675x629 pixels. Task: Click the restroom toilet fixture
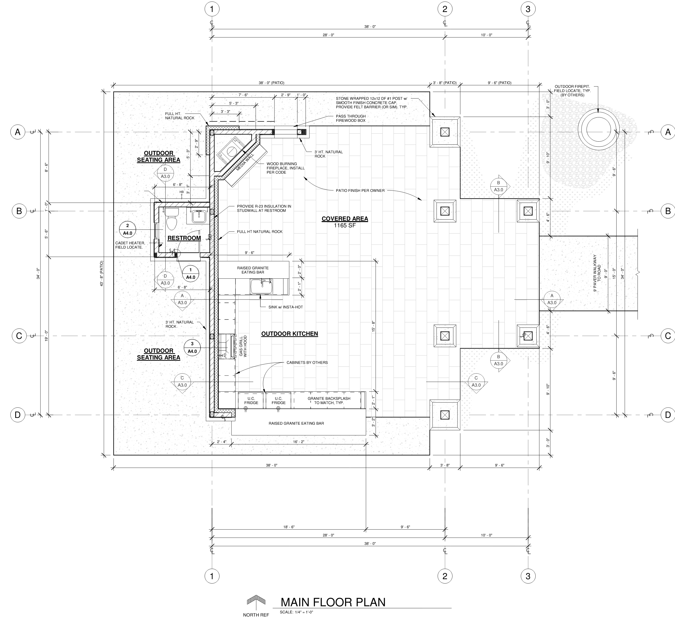coord(172,219)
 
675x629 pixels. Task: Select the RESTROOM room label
coord(184,238)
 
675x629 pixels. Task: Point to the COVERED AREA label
coord(345,219)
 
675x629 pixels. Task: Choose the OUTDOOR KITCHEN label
coord(290,334)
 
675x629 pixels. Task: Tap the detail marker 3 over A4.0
coord(192,348)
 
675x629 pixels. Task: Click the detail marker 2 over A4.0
coord(128,229)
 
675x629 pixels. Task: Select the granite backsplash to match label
coord(329,400)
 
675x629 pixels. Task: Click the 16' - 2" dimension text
coord(298,442)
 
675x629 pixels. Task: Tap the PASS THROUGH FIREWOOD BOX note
coord(351,118)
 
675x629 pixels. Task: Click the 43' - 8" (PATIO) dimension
coord(102,273)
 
